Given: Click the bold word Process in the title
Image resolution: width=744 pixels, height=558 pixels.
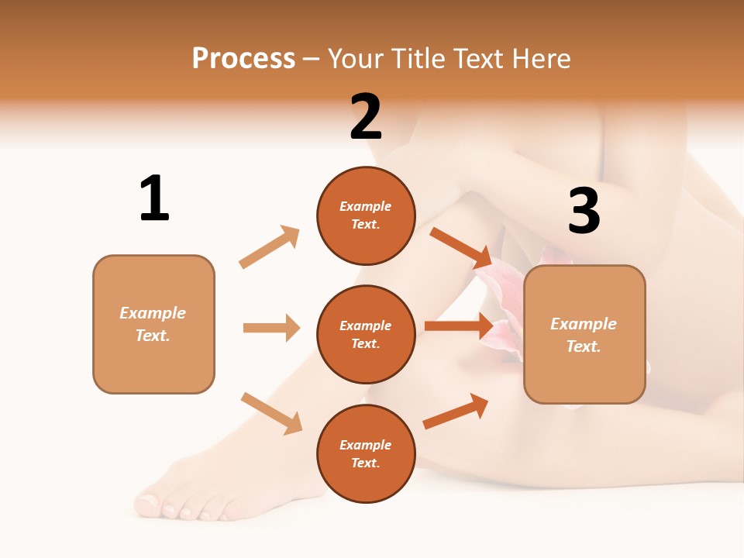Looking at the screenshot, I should click(243, 58).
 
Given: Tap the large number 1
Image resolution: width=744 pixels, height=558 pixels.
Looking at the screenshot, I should click(154, 198).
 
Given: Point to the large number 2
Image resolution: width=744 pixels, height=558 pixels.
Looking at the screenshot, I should click(366, 117).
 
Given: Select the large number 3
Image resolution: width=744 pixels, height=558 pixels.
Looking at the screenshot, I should click(584, 212).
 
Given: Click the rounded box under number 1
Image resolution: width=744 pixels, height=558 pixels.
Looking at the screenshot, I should click(153, 324).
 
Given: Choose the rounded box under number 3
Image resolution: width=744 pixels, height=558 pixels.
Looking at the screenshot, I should click(584, 334).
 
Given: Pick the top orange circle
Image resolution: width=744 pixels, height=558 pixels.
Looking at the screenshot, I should click(366, 215).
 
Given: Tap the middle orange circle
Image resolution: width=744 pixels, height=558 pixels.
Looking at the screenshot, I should click(366, 334).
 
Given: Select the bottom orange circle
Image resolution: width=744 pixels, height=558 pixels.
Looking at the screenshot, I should click(366, 453).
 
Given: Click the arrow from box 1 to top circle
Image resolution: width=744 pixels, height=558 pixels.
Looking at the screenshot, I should click(270, 247).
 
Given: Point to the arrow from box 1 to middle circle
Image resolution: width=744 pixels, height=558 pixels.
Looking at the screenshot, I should click(271, 328).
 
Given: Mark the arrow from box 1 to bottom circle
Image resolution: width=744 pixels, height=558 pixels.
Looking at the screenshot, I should click(271, 412).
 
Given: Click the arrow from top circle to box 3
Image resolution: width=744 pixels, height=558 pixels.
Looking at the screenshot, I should click(460, 246).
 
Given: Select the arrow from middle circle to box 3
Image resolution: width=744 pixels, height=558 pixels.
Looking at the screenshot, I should click(459, 325).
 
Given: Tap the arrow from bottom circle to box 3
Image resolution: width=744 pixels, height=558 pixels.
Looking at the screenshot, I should click(456, 412).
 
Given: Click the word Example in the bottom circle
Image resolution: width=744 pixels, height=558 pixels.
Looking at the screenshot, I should click(366, 445).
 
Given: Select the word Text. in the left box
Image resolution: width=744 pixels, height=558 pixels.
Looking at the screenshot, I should click(153, 336).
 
